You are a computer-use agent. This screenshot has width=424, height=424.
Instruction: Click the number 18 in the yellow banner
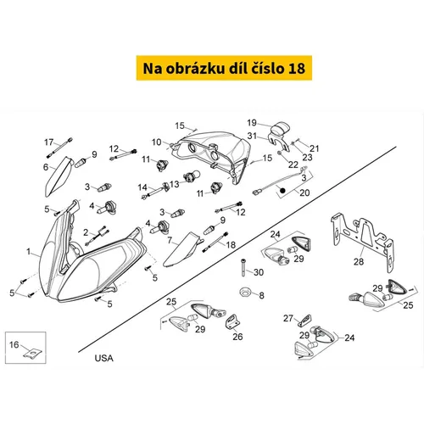tap(297, 69)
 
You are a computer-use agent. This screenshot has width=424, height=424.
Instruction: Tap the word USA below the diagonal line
tap(103, 358)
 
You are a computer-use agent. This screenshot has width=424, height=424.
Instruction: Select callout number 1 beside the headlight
tap(28, 251)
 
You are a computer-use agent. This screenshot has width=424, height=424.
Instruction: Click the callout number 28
tap(359, 262)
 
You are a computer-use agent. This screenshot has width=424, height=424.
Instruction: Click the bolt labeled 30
tap(243, 268)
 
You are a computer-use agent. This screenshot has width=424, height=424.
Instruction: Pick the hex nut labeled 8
tap(244, 292)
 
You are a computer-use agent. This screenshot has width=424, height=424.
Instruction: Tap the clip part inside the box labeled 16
tap(32, 354)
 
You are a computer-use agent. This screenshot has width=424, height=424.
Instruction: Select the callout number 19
tap(252, 123)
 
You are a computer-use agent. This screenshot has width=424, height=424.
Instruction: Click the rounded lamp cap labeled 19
tap(281, 129)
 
